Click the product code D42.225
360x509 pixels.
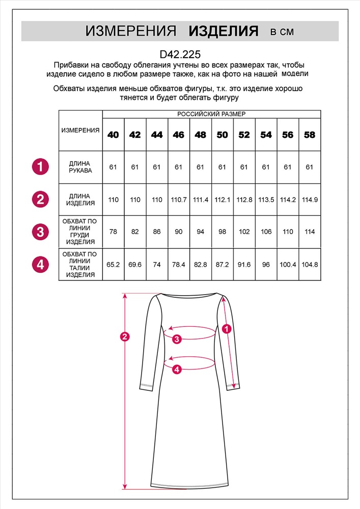point(180,53)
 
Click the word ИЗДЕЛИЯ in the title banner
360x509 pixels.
point(224,32)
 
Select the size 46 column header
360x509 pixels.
point(179,135)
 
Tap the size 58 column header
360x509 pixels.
point(310,135)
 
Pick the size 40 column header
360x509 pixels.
point(113,135)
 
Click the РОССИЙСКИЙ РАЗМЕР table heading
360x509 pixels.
point(211,114)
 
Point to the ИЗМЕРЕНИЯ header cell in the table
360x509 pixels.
point(80,130)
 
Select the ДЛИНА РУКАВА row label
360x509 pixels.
point(80,167)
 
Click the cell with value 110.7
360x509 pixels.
point(179,200)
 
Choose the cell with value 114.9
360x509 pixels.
point(310,200)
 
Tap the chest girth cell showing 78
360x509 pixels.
point(113,232)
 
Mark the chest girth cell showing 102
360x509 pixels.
point(244,232)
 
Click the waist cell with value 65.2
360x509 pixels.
point(113,264)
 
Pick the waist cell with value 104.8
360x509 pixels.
point(310,264)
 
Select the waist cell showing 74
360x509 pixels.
point(157,264)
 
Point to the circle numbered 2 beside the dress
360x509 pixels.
point(123,336)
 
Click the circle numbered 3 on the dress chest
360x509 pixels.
point(177,339)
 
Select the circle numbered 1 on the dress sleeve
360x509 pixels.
point(227,328)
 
